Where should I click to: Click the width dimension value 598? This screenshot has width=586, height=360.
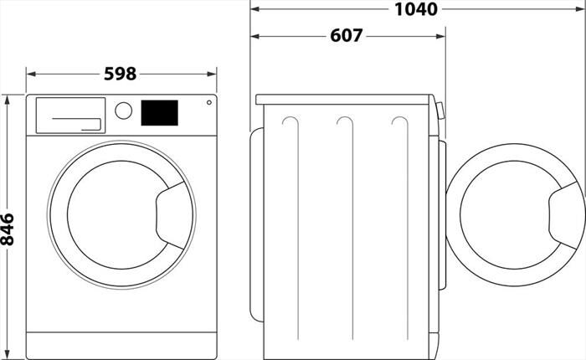coord(121,74)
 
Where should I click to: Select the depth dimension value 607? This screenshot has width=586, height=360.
coord(346,36)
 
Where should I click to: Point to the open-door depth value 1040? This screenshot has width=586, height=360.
coord(416,9)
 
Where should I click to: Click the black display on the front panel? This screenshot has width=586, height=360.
coord(159,112)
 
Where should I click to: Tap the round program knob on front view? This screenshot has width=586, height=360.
coord(123,111)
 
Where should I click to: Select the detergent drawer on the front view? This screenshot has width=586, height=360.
coord(69,115)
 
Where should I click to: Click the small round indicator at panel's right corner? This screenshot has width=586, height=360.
coord(208,103)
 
